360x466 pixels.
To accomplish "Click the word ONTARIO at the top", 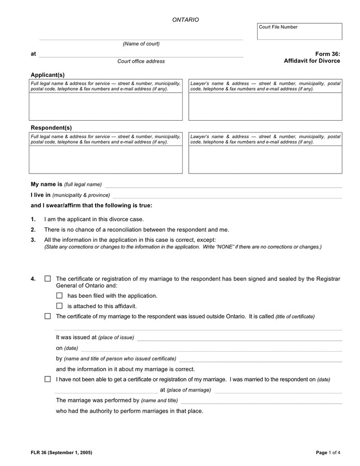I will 185,20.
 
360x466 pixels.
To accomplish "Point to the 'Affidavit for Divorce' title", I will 312,61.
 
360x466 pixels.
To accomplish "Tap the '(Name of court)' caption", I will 141,44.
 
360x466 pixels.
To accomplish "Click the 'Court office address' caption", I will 141,62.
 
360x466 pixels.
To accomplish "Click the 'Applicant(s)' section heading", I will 48,75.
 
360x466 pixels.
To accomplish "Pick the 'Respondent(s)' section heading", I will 51,128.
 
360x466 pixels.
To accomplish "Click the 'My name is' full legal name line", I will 223,185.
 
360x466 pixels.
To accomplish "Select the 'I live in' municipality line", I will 227,196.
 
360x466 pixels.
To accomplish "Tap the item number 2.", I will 33,230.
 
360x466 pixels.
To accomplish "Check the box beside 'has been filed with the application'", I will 59,296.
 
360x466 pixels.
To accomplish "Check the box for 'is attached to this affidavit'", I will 59,306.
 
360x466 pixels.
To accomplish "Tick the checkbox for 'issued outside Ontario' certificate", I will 48,316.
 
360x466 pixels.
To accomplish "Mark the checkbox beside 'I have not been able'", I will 48,380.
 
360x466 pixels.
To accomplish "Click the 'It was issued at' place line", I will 239,338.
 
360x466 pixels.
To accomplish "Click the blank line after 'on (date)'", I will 211,349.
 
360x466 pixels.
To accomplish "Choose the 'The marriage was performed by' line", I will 261,401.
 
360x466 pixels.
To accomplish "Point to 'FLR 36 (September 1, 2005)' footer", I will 62,453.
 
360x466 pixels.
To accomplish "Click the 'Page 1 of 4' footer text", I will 328,453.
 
